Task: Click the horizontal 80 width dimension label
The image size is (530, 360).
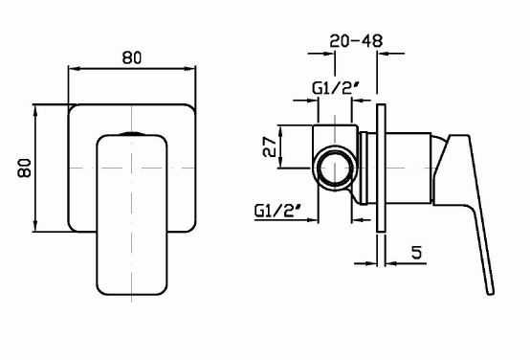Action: tap(132, 57)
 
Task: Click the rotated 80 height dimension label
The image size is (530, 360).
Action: tap(24, 168)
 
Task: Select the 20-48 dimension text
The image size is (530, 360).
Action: tap(356, 41)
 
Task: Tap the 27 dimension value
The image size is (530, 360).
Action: tap(270, 146)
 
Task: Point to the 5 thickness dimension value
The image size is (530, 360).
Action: tap(417, 252)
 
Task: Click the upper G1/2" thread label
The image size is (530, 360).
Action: tap(335, 89)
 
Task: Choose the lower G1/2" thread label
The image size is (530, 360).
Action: tap(277, 212)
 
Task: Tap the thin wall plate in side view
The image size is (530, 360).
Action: tap(381, 168)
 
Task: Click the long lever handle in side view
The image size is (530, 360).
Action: tap(474, 203)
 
